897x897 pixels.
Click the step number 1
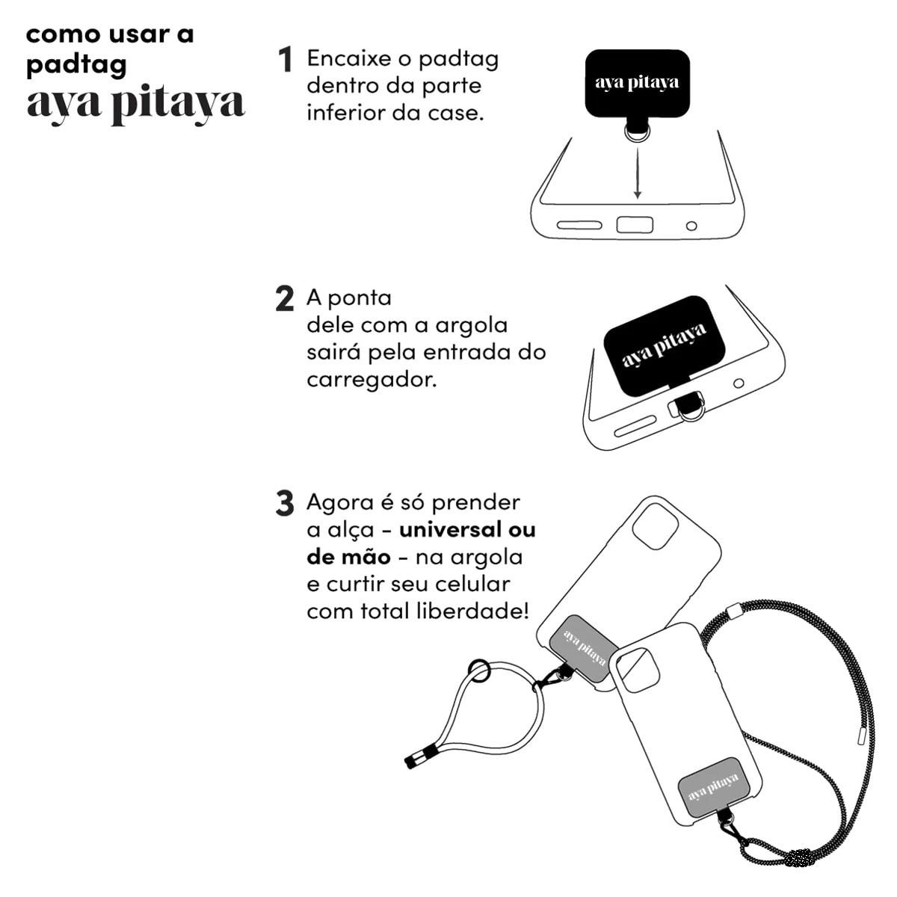(285, 60)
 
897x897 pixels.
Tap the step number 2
(285, 299)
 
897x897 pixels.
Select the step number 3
(285, 504)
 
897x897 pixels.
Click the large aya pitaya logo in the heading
(135, 103)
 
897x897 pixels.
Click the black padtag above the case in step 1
(637, 83)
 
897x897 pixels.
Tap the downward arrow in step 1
(637, 173)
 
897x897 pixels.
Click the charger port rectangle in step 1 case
(635, 225)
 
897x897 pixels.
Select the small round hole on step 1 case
(691, 226)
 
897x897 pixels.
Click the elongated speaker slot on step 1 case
(579, 225)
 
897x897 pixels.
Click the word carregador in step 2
(371, 380)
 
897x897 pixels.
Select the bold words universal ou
(467, 530)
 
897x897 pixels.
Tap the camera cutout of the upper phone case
(655, 526)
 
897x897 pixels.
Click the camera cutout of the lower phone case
(638, 669)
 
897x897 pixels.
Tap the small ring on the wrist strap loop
(479, 671)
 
